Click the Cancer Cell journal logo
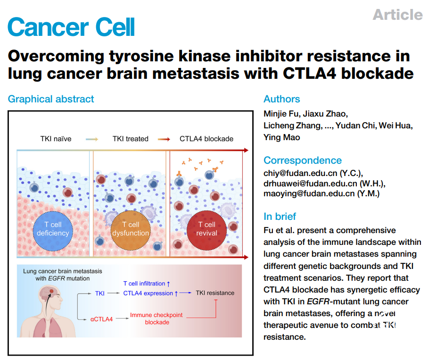point(72,27)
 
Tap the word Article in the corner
point(397,15)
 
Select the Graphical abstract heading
point(51,99)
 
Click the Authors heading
point(281,99)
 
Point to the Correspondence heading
point(303,160)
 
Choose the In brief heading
point(280,217)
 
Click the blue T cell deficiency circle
point(53,229)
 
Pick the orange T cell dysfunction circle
point(131,229)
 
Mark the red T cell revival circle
point(207,229)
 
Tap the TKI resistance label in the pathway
point(215,293)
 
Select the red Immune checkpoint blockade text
point(157,318)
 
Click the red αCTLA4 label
point(101,319)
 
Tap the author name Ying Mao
point(281,137)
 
